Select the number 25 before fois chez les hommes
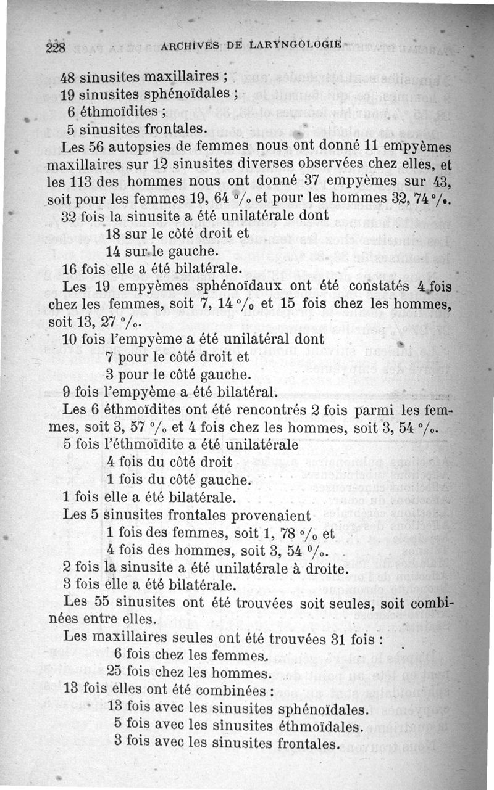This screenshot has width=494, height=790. coord(115,672)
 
